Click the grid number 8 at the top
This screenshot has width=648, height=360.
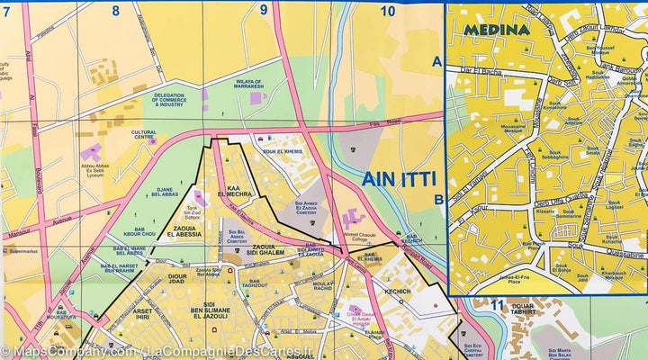point(115,12)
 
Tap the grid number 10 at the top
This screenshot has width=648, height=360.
point(388,12)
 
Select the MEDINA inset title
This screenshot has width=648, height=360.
point(496,29)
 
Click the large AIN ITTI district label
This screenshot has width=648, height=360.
point(393,179)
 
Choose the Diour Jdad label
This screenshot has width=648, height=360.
point(176,280)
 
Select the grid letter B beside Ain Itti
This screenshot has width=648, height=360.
point(438,200)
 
